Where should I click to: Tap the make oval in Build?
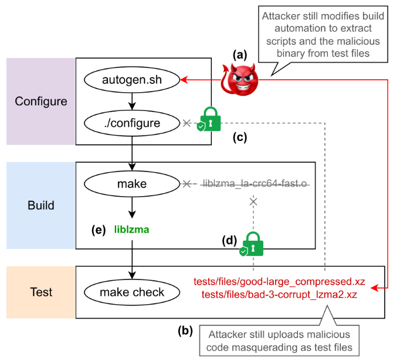[x=132, y=184]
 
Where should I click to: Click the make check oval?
[x=132, y=292]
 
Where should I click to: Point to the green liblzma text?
[x=131, y=230]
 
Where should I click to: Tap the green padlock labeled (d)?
[x=252, y=244]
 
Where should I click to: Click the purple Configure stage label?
[x=41, y=101]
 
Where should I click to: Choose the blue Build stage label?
[x=41, y=206]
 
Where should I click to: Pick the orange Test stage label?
[x=41, y=292]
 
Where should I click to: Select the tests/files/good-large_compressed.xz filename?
[x=279, y=282]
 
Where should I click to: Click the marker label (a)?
[x=239, y=55]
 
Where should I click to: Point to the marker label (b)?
[x=186, y=330]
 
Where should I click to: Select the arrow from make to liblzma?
[x=132, y=207]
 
